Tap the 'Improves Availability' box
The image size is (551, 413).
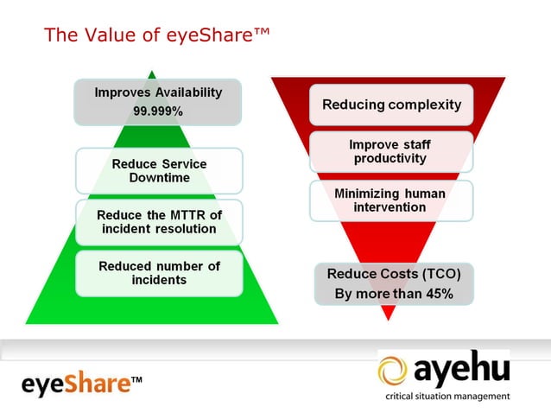pyautogui.click(x=158, y=101)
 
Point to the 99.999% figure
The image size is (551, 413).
pyautogui.click(x=158, y=112)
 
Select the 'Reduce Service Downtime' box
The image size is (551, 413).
pyautogui.click(x=159, y=170)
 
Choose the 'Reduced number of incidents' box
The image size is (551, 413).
pyautogui.click(x=159, y=273)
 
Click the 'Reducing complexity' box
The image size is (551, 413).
pyautogui.click(x=391, y=105)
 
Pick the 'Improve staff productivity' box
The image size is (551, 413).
pyautogui.click(x=390, y=152)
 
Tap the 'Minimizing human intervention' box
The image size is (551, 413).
pyautogui.click(x=390, y=200)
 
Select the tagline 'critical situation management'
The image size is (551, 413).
pyautogui.click(x=446, y=397)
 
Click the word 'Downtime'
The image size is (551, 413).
pyautogui.click(x=159, y=177)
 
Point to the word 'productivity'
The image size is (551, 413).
pyautogui.click(x=390, y=159)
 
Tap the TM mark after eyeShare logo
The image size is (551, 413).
pyautogui.click(x=136, y=378)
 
